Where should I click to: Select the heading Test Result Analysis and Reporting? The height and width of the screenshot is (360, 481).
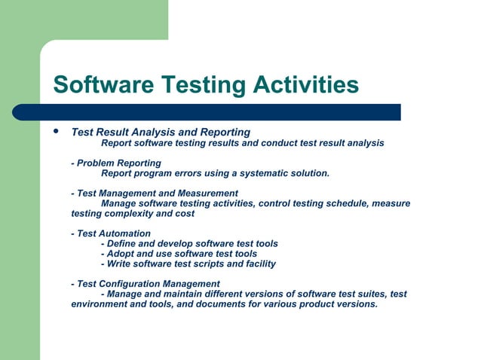pos(161,132)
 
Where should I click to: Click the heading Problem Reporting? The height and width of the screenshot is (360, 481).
pos(116,163)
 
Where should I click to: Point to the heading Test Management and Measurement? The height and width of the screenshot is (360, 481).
pos(155,193)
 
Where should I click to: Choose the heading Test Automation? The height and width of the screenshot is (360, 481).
pos(111,233)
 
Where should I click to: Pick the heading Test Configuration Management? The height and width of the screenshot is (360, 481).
pos(146,284)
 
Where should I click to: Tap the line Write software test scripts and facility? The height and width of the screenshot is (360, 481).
pos(188,264)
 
